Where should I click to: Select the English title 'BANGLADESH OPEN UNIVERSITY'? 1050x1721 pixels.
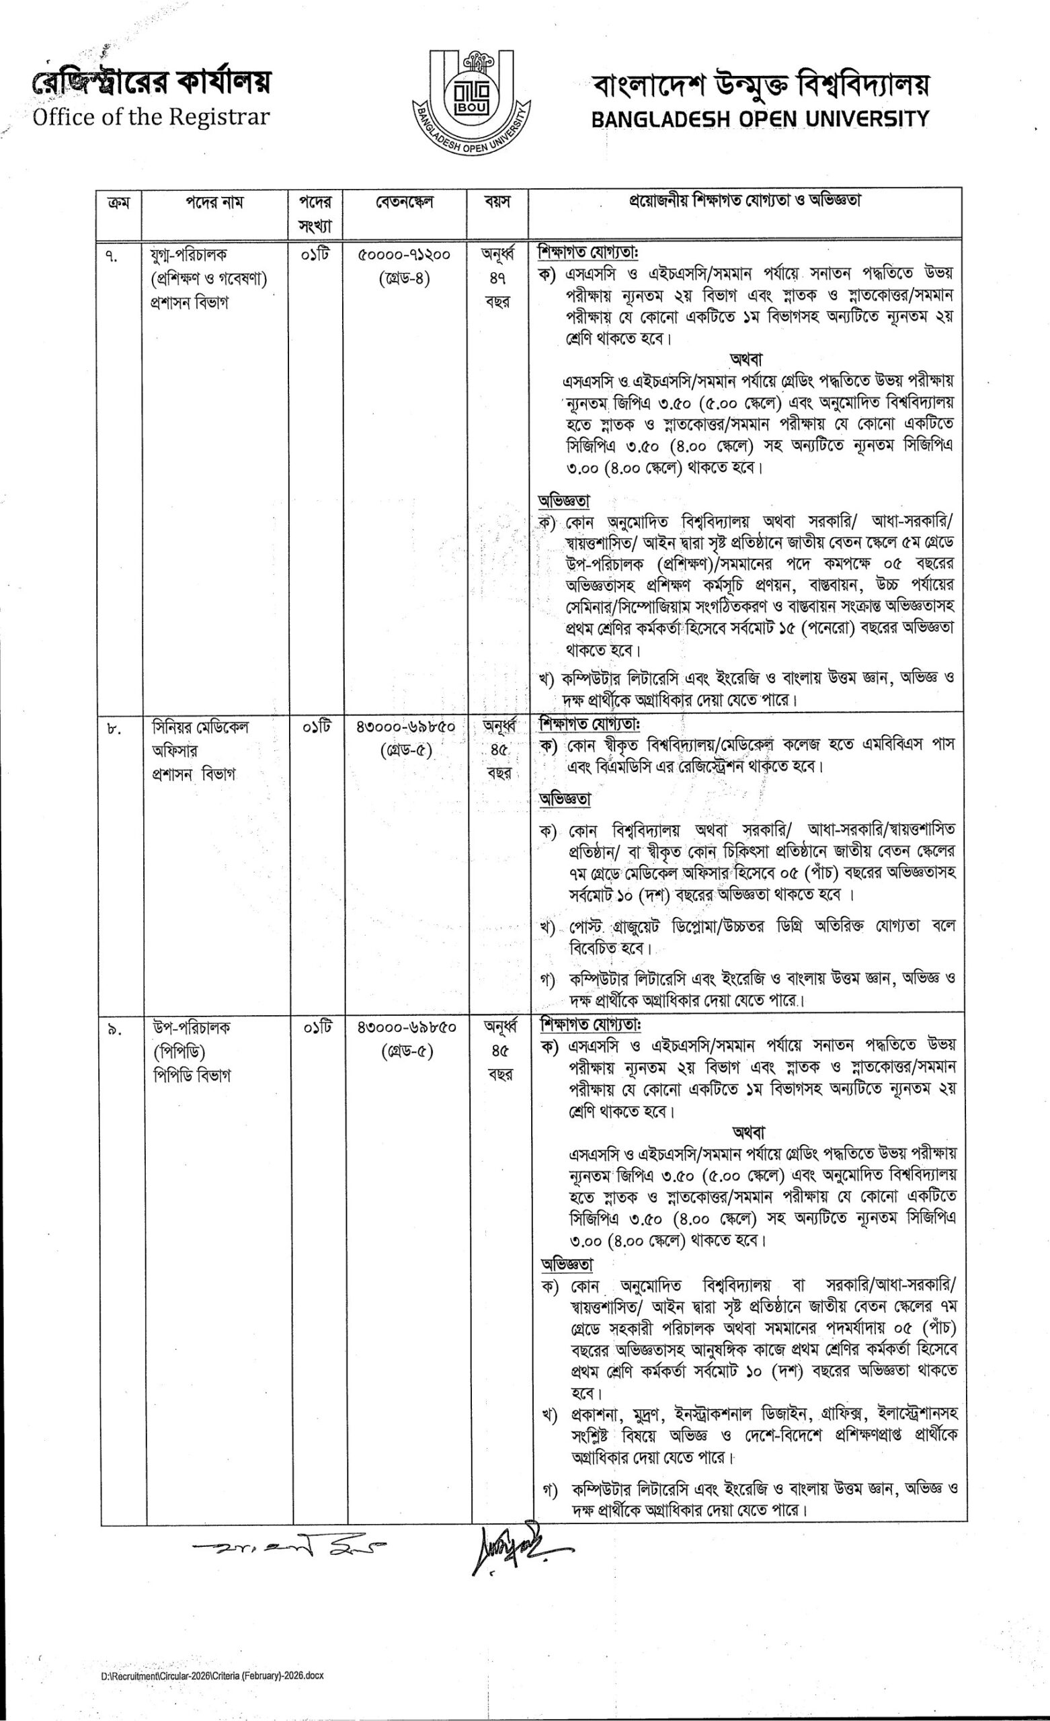tap(760, 120)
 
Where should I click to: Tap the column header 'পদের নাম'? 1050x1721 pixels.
tap(214, 202)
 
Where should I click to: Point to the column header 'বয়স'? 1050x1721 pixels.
tap(497, 202)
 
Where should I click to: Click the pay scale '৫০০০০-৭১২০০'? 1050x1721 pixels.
tap(405, 255)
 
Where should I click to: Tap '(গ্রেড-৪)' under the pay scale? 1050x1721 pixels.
tap(405, 279)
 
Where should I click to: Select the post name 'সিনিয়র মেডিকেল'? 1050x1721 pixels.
tap(200, 727)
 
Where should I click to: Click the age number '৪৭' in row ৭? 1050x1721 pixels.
tap(497, 278)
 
